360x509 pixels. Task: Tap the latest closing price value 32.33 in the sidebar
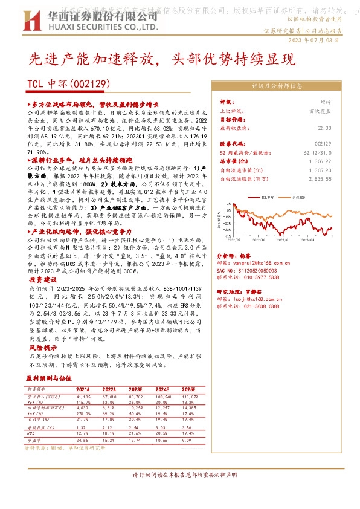324,128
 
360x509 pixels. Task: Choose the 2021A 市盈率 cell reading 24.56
83,441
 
